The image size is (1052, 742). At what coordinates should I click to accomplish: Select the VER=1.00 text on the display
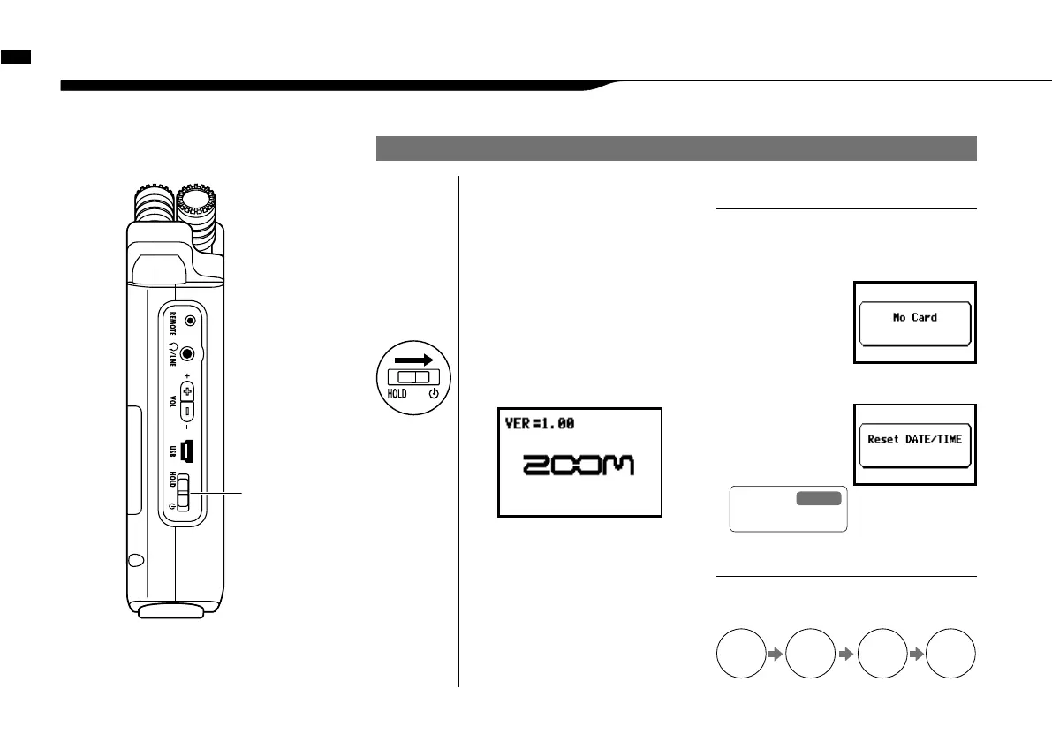539,424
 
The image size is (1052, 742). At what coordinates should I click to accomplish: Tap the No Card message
914,318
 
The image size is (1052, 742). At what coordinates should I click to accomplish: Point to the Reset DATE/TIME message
914,439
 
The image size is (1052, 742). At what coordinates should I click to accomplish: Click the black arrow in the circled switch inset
413,360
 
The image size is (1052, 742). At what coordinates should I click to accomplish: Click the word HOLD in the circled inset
397,394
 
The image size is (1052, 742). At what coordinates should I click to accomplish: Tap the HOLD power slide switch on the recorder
184,493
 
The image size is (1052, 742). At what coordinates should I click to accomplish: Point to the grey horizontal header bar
676,148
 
